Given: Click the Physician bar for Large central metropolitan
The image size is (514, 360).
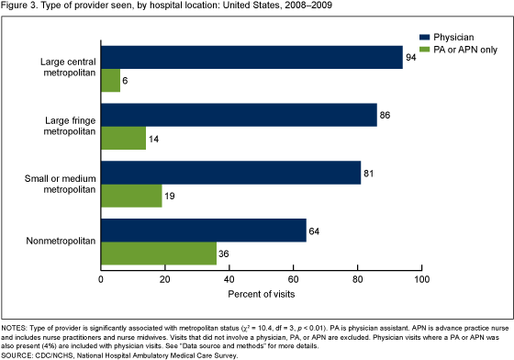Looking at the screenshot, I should (x=251, y=58).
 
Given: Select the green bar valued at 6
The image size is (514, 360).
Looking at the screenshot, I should (x=110, y=81).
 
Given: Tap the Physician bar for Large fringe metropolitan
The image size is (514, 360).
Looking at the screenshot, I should (x=239, y=115).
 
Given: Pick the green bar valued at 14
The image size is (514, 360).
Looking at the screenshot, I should (x=123, y=138).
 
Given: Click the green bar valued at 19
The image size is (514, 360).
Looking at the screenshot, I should (x=131, y=195).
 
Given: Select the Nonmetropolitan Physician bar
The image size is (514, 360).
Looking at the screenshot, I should (x=203, y=230).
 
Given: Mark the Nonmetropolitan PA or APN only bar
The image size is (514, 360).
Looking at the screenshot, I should (x=159, y=253).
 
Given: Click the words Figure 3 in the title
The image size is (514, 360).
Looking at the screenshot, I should (x=21, y=7).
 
